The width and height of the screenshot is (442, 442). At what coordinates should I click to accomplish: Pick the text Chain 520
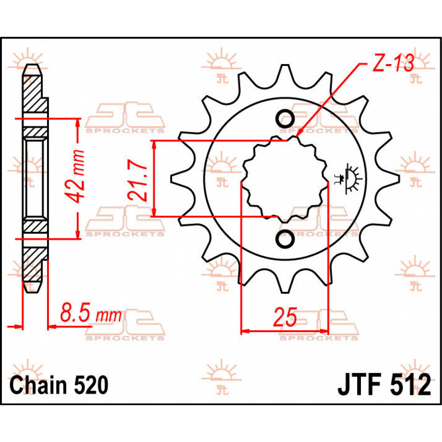pyautogui.click(x=59, y=385)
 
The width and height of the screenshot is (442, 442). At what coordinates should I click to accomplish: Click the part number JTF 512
pyautogui.click(x=384, y=385)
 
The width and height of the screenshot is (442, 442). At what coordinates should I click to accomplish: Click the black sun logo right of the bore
pyautogui.click(x=348, y=178)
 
